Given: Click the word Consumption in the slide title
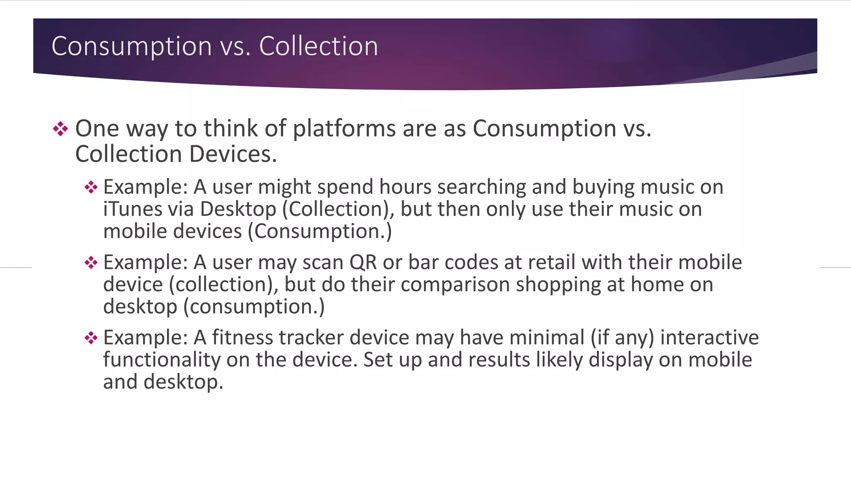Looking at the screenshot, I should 132,46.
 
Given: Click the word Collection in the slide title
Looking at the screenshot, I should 319,46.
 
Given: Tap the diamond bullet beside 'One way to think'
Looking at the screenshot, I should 60,129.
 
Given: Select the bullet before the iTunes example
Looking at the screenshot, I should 91,187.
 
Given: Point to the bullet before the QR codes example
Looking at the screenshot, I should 91,262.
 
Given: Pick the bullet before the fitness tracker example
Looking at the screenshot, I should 91,338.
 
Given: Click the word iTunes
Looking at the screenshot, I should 132,209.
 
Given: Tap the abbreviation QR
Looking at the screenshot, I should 363,262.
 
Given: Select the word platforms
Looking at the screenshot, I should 344,128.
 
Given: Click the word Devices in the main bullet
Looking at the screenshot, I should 233,154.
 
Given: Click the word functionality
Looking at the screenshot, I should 162,360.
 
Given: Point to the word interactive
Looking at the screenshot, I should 709,337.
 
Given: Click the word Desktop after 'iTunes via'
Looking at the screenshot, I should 238,209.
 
